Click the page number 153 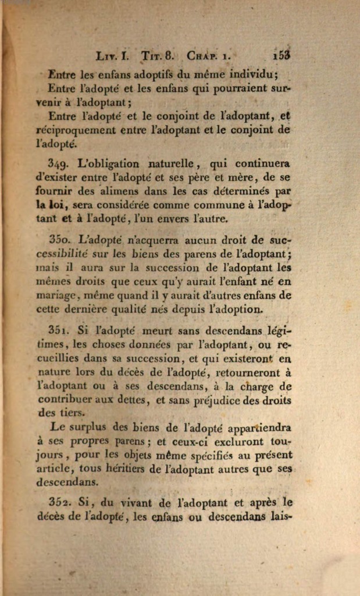click(281, 56)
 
